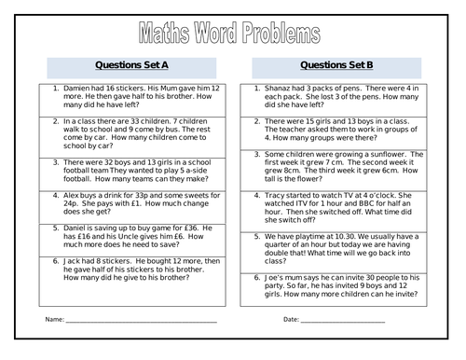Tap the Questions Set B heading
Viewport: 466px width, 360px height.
click(x=339, y=68)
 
